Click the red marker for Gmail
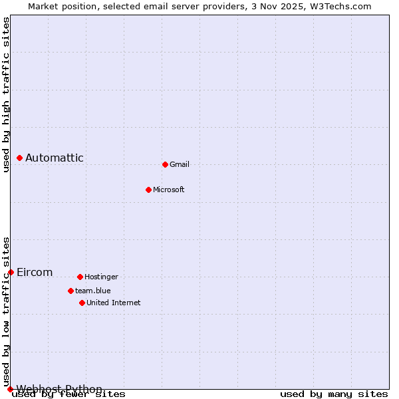click(165, 164)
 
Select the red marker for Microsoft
click(148, 190)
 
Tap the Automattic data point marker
click(19, 158)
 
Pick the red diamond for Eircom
click(11, 272)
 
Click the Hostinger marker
click(80, 277)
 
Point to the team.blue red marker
click(70, 291)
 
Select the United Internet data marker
click(82, 303)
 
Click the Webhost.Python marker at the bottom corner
click(10, 389)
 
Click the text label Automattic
click(55, 158)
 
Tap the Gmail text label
click(180, 164)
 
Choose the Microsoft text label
click(169, 190)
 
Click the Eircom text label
click(35, 272)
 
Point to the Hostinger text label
click(101, 277)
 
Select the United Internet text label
click(114, 303)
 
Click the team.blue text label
click(93, 291)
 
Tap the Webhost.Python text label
click(59, 389)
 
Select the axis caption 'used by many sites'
click(334, 394)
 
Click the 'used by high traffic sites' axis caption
click(6, 94)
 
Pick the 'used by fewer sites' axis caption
click(69, 394)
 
